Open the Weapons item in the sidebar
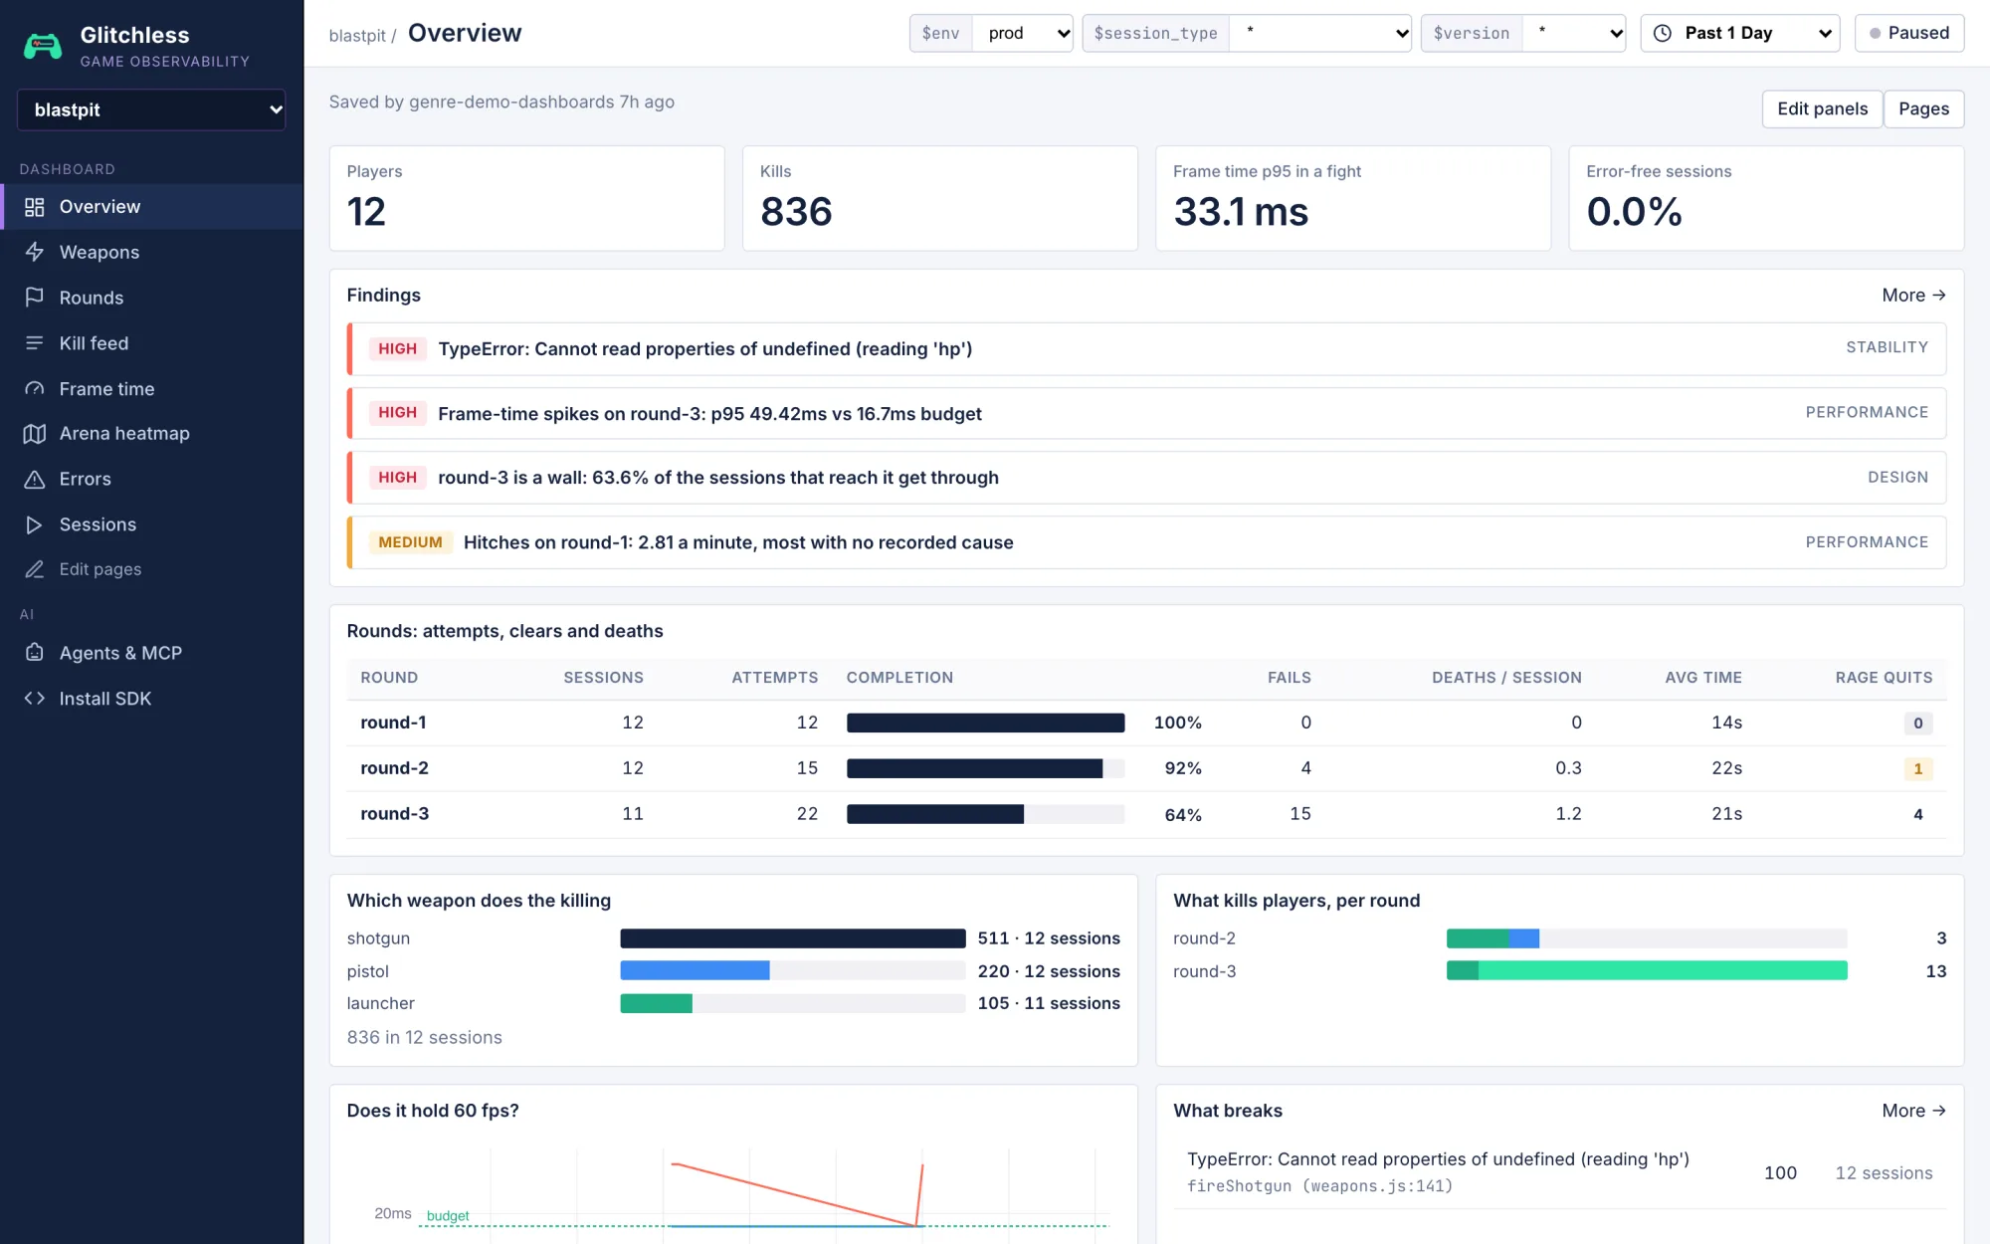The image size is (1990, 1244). coord(99,252)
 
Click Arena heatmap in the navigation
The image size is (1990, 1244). coord(124,433)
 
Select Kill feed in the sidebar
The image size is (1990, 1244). coord(94,343)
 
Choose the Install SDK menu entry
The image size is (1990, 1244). coord(104,699)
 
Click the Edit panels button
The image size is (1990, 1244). coord(1822,108)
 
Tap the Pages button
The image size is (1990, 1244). coord(1923,108)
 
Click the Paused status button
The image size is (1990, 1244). coord(1908,33)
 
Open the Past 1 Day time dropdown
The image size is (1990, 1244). coord(1739,33)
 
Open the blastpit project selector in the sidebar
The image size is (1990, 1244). coord(151,109)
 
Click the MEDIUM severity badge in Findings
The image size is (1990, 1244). coord(410,542)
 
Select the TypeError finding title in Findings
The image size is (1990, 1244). coord(704,349)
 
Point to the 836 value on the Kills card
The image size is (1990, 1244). coord(796,212)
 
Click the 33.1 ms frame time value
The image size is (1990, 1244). coord(1241,212)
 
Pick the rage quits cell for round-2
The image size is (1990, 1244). coord(1917,768)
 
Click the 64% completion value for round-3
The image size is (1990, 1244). coord(1183,815)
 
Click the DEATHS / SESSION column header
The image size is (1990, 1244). coord(1506,678)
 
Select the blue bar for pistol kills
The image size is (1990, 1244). coord(695,970)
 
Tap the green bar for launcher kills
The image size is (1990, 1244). coord(656,1003)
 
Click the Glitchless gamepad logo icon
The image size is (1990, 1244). coord(43,46)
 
